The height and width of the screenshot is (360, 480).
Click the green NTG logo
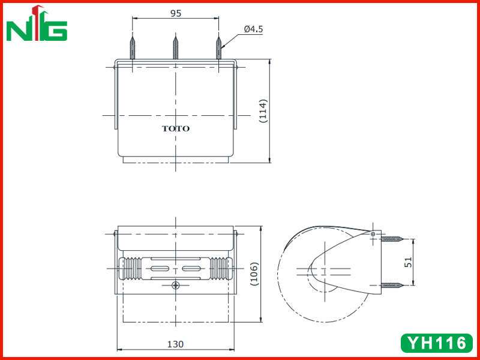[37, 23]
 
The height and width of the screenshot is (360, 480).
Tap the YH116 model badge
[437, 343]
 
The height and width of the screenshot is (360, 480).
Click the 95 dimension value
[176, 13]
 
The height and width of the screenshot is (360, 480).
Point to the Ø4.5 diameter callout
[253, 29]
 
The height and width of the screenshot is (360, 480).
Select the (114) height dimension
[263, 111]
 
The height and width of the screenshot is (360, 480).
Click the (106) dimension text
[254, 274]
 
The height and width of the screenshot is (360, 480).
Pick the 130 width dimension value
[175, 344]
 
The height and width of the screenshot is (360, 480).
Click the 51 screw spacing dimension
[409, 262]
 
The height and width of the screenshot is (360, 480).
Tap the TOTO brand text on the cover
[176, 128]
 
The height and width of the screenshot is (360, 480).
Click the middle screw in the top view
[175, 48]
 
